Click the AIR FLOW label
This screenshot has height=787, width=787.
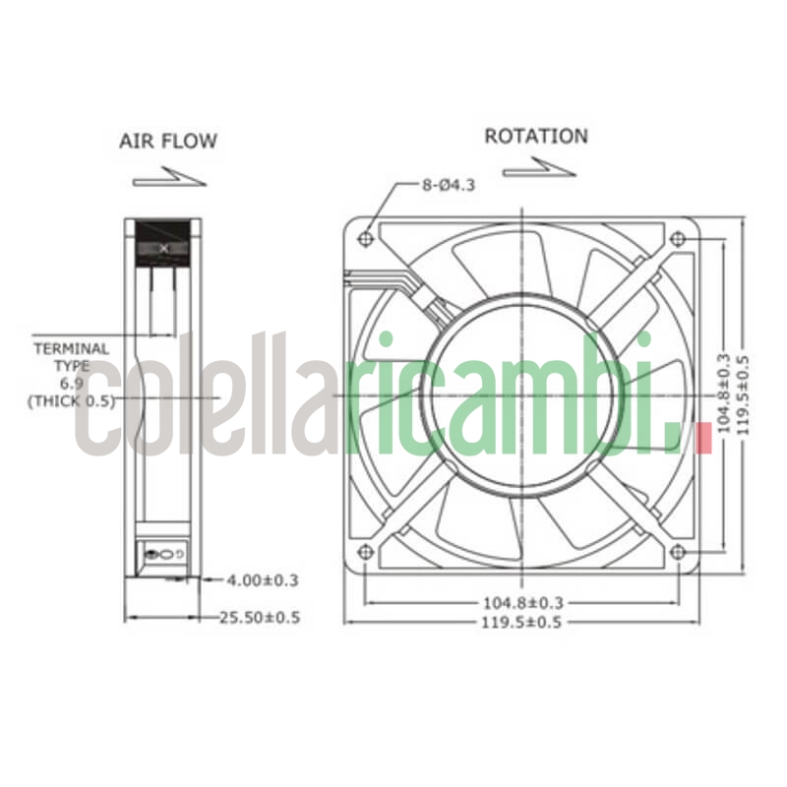[168, 141]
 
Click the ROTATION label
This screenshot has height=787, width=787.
[536, 136]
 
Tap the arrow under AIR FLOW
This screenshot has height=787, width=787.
[168, 177]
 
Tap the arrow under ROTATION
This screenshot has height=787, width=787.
[538, 170]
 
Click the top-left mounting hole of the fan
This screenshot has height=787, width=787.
[366, 238]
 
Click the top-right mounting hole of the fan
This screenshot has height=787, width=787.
[677, 239]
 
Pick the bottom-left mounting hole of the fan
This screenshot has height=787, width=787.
[366, 552]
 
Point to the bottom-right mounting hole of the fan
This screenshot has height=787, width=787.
[677, 552]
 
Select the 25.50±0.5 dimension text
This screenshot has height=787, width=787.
[259, 618]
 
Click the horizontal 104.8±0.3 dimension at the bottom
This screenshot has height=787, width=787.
[523, 602]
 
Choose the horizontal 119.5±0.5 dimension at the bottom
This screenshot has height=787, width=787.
[523, 622]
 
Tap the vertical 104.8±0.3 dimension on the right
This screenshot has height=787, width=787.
[724, 394]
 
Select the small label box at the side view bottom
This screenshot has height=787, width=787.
[162, 555]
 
